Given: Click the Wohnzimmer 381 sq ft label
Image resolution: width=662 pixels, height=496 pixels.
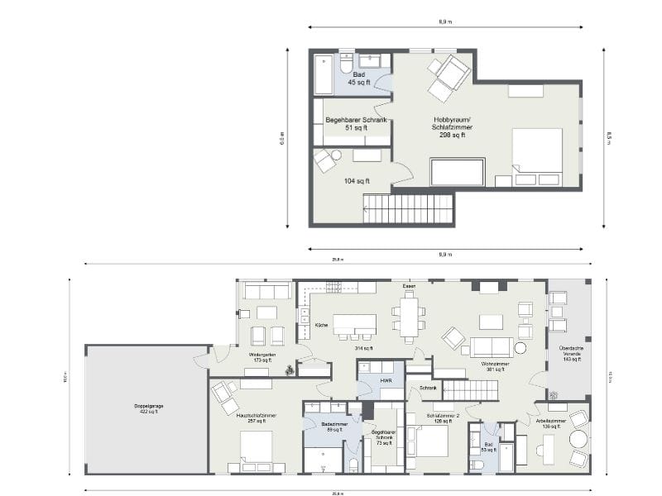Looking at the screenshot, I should point(494,366).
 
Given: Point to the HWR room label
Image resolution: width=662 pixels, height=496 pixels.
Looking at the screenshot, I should point(386,381).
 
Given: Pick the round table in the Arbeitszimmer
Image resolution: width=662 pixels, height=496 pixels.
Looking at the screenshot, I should point(578,440).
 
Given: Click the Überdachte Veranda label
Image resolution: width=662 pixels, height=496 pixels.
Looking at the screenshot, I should point(572,353).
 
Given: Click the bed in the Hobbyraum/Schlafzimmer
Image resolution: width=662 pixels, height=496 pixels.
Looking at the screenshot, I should point(537,155).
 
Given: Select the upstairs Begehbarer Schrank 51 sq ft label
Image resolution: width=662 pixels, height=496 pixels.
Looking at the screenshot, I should point(356,124).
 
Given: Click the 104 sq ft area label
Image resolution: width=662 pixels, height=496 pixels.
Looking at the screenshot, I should point(357,180).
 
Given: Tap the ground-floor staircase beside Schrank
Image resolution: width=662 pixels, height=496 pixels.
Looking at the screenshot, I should point(469,389).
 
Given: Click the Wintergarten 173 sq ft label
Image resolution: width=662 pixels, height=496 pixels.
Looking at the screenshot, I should point(263,357).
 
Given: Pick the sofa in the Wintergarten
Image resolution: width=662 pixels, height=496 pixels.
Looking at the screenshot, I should point(265,291).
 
